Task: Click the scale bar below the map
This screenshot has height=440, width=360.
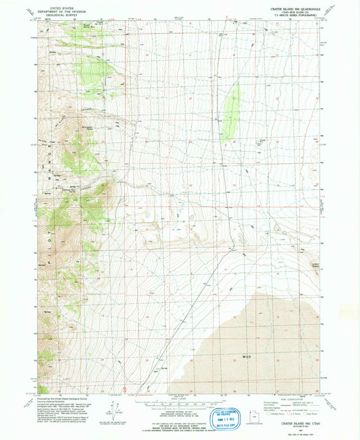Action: [179, 406]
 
